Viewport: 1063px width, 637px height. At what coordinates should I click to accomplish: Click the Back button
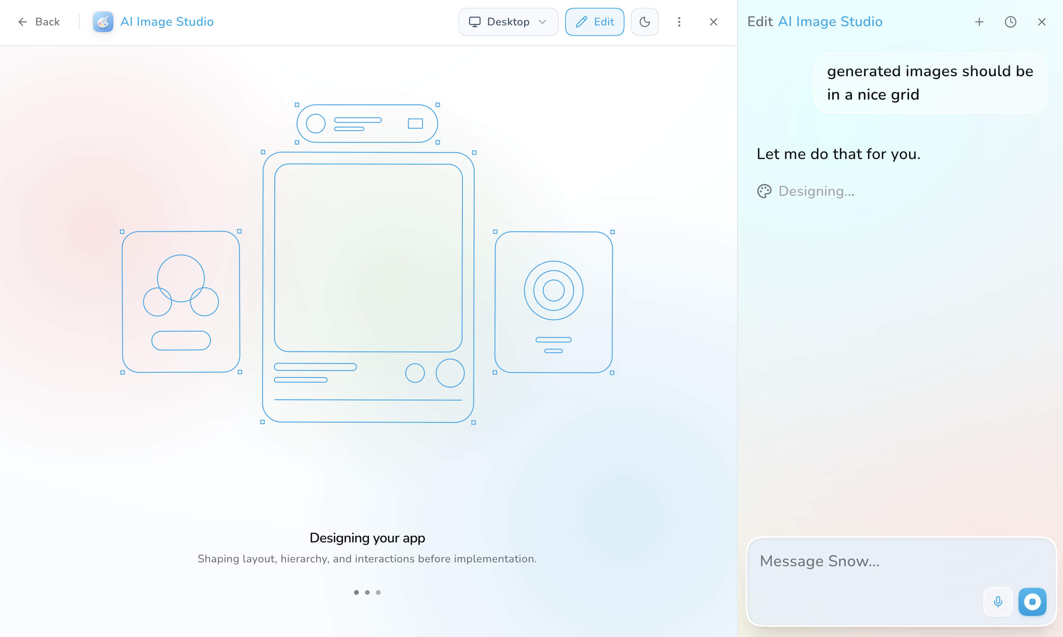(39, 22)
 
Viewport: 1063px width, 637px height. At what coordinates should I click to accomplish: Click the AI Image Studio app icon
(103, 22)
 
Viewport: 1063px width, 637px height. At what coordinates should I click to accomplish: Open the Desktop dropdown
(508, 22)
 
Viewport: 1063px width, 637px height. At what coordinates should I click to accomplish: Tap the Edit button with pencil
(594, 22)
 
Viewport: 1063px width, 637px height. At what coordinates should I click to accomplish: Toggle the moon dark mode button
(644, 22)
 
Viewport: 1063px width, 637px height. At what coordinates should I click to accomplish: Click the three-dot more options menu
(679, 22)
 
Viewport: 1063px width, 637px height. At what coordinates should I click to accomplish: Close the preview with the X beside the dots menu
(713, 22)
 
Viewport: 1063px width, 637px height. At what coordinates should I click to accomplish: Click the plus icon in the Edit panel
(979, 22)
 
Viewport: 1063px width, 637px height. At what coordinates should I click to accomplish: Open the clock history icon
(1010, 22)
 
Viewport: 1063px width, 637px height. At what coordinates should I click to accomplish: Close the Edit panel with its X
(1042, 22)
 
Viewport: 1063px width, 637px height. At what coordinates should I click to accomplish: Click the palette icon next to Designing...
(764, 191)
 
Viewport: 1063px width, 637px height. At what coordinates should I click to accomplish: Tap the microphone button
(998, 601)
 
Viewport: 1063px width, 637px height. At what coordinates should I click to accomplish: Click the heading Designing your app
(367, 538)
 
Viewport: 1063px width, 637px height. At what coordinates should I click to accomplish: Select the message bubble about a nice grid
(930, 83)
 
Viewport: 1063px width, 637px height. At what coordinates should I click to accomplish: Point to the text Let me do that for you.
(839, 154)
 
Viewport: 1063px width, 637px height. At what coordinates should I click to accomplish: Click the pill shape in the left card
(181, 341)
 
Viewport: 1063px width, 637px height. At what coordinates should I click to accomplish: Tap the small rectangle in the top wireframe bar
(415, 123)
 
